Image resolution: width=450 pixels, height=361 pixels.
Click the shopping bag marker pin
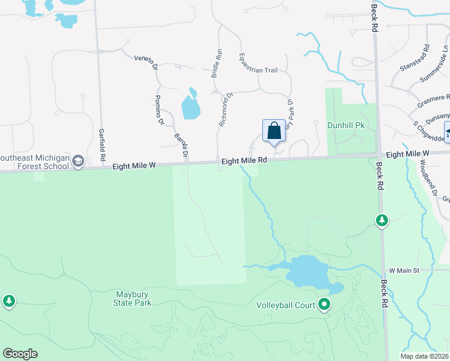tap(274, 131)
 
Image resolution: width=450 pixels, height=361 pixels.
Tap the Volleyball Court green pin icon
tap(325, 304)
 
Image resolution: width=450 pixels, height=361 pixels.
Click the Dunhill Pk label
tap(342, 125)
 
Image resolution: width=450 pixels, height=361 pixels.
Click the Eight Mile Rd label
tap(244, 161)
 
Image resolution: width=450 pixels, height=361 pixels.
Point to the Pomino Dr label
tap(159, 110)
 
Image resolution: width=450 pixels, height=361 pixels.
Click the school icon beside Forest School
tap(78, 161)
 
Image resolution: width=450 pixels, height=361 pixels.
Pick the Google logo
tap(20, 354)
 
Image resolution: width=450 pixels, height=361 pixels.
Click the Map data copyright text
tap(425, 356)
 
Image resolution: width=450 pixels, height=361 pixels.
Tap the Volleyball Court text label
tap(286, 305)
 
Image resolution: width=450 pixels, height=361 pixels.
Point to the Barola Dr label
tap(180, 144)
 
